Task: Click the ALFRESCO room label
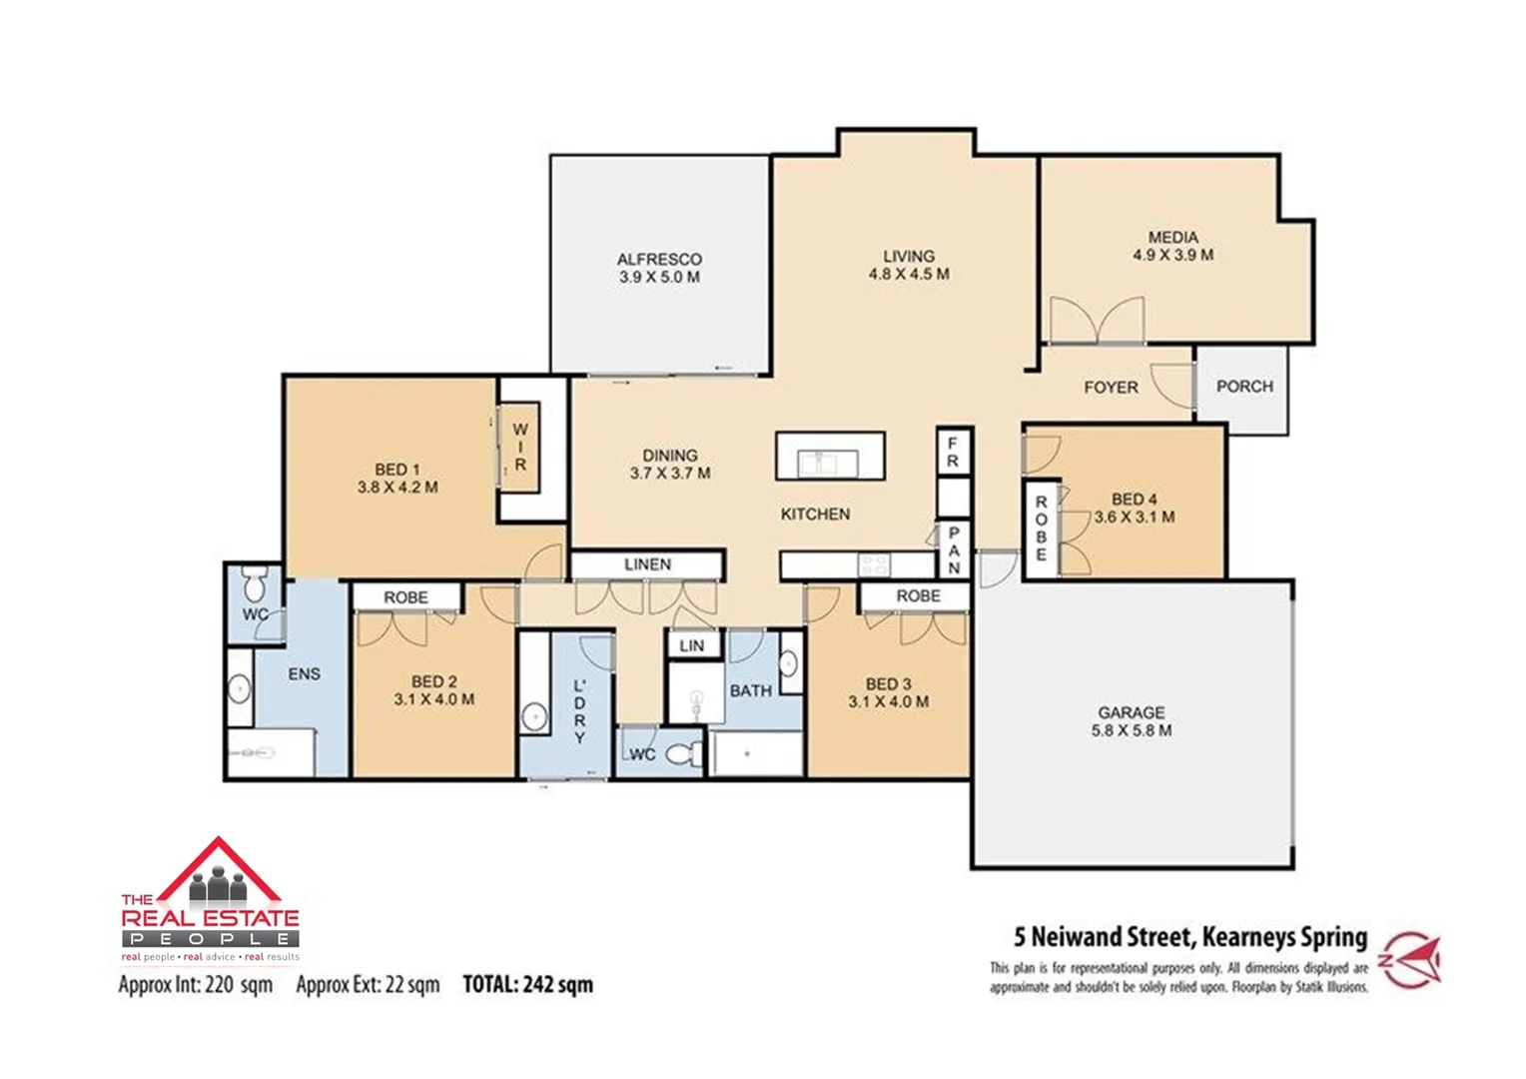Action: click(659, 259)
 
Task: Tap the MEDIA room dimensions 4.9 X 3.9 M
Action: click(1172, 255)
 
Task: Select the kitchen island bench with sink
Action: click(830, 457)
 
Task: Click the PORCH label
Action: click(1244, 386)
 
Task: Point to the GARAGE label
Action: click(1132, 712)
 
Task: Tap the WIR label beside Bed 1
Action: click(519, 447)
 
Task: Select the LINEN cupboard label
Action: click(647, 564)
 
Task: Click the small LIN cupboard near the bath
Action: click(692, 645)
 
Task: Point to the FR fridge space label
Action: click(953, 452)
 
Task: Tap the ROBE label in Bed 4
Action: click(1041, 529)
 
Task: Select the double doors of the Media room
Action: click(1097, 321)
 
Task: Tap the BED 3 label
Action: click(888, 683)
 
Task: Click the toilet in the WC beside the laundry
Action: click(683, 753)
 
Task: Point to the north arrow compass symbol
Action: click(1412, 960)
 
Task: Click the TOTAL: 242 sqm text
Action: click(527, 984)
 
